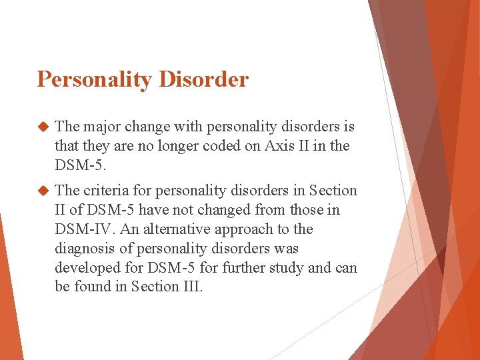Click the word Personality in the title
point(95,80)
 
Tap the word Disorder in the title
point(203,79)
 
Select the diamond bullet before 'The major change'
point(44,127)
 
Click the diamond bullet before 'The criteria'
point(44,191)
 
